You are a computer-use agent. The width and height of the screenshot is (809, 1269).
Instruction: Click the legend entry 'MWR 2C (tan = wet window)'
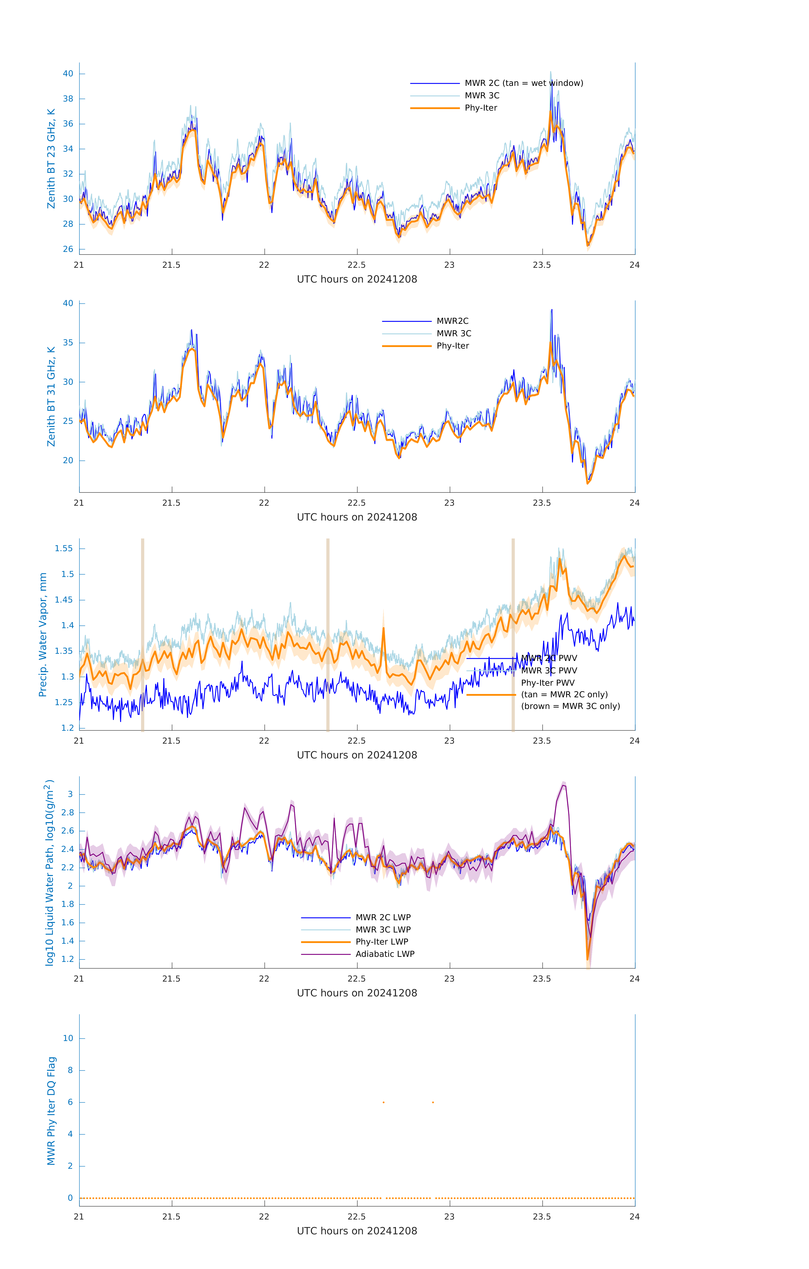pos(523,83)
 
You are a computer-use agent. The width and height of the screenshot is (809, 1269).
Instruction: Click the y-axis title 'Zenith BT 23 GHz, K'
pos(51,159)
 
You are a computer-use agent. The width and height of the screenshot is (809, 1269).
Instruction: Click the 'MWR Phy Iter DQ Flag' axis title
pos(51,1111)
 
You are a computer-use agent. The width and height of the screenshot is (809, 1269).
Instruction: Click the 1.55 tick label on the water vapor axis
pos(64,549)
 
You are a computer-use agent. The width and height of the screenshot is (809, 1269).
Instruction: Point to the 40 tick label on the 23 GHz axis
pos(68,74)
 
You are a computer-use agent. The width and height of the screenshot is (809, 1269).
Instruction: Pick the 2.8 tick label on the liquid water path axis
pos(67,813)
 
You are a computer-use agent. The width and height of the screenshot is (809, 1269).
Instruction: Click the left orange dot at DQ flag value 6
pos(384,1103)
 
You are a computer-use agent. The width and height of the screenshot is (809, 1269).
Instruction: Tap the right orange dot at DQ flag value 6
pos(433,1103)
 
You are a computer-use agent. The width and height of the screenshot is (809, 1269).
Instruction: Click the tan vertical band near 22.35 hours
pos(328,635)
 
